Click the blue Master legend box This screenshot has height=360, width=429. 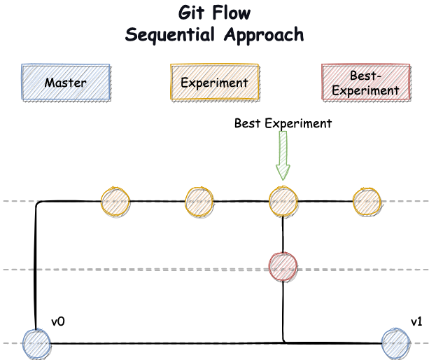66,82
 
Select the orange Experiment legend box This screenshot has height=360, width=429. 215,82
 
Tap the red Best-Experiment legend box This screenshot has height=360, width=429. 366,82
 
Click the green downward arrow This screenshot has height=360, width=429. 283,155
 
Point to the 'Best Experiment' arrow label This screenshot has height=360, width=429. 283,123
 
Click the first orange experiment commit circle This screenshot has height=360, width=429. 115,202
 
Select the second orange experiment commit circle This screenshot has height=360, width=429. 199,202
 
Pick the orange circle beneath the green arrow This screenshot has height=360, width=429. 283,202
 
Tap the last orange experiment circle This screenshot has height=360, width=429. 367,202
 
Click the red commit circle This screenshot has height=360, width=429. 283,267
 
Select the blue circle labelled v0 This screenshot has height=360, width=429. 36,344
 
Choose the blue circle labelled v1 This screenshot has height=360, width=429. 395,344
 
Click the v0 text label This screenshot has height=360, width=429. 58,321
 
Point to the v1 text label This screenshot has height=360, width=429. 416,321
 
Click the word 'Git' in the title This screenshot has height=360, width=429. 191,13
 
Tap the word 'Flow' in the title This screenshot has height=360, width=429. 232,13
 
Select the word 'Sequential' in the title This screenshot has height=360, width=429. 170,35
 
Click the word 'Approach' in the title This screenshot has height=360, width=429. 264,35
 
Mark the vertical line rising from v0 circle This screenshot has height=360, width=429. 35,266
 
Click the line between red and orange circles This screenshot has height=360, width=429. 283,235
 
